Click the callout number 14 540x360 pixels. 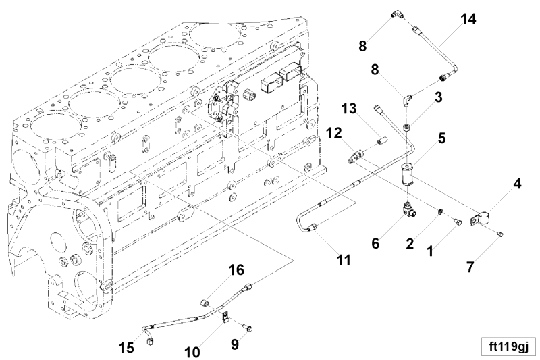click(468, 20)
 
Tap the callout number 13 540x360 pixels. click(349, 109)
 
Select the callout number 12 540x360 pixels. click(334, 133)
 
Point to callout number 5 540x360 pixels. click(442, 138)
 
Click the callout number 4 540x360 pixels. click(517, 184)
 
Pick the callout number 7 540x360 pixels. click(470, 267)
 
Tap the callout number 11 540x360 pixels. click(344, 260)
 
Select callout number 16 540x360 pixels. click(237, 270)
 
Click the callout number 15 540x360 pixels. click(126, 348)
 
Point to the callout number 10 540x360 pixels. click(192, 352)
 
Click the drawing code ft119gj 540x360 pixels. click(508, 346)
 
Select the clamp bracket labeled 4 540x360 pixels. click(479, 220)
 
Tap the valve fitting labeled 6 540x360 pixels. click(409, 209)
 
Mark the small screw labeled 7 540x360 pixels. click(500, 234)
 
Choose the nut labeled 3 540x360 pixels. click(406, 128)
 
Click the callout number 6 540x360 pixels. click(375, 244)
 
